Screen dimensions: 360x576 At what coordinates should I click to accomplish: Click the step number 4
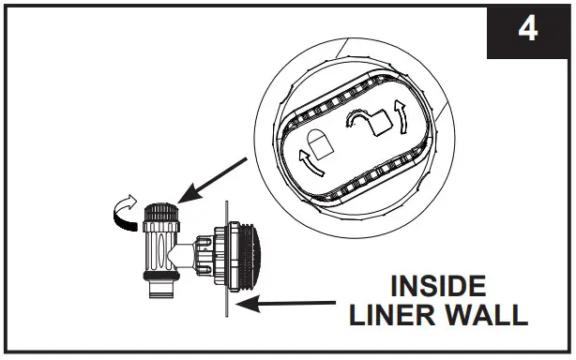pyautogui.click(x=528, y=30)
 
